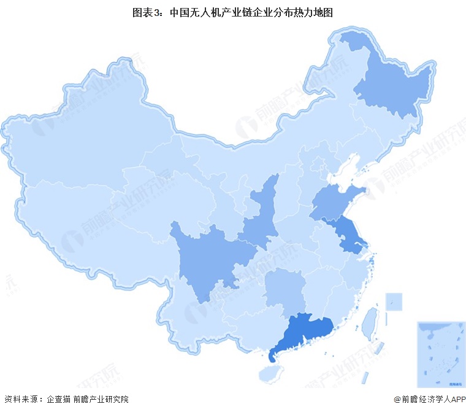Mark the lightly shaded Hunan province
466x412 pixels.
click(x=285, y=289)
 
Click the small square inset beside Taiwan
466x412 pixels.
click(x=394, y=301)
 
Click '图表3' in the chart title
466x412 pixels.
click(x=147, y=12)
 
